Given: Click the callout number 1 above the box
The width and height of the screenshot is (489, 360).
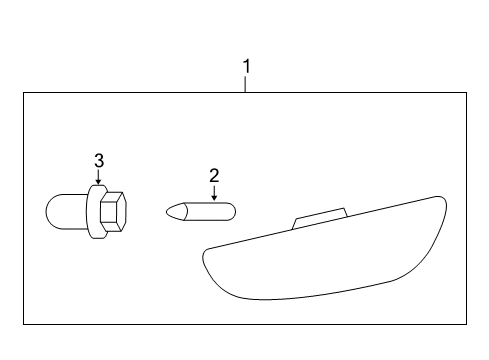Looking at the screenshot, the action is click(246, 67).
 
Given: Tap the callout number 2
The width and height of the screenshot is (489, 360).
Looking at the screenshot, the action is click(214, 175).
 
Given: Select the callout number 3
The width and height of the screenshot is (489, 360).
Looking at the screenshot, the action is click(98, 160).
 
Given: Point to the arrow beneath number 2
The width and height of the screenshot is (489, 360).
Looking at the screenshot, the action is click(214, 191).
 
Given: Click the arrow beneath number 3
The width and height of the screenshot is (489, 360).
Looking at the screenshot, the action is click(98, 177).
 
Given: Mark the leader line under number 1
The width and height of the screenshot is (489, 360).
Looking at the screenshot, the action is click(246, 84).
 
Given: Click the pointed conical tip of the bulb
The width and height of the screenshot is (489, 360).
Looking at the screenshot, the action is click(171, 212).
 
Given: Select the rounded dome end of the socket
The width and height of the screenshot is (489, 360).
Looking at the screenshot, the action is click(54, 211).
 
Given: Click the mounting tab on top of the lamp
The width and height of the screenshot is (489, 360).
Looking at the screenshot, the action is click(318, 218).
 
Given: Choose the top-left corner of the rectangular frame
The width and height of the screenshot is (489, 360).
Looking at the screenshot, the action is click(24, 93).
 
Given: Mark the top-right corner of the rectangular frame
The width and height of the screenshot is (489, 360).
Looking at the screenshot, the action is click(467, 93).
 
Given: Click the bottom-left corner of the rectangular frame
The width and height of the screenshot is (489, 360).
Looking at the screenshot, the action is click(24, 324).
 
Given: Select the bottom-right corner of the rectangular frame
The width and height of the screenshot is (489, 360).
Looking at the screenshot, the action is click(467, 324).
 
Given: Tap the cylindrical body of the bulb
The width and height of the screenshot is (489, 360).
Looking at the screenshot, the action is click(207, 212).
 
